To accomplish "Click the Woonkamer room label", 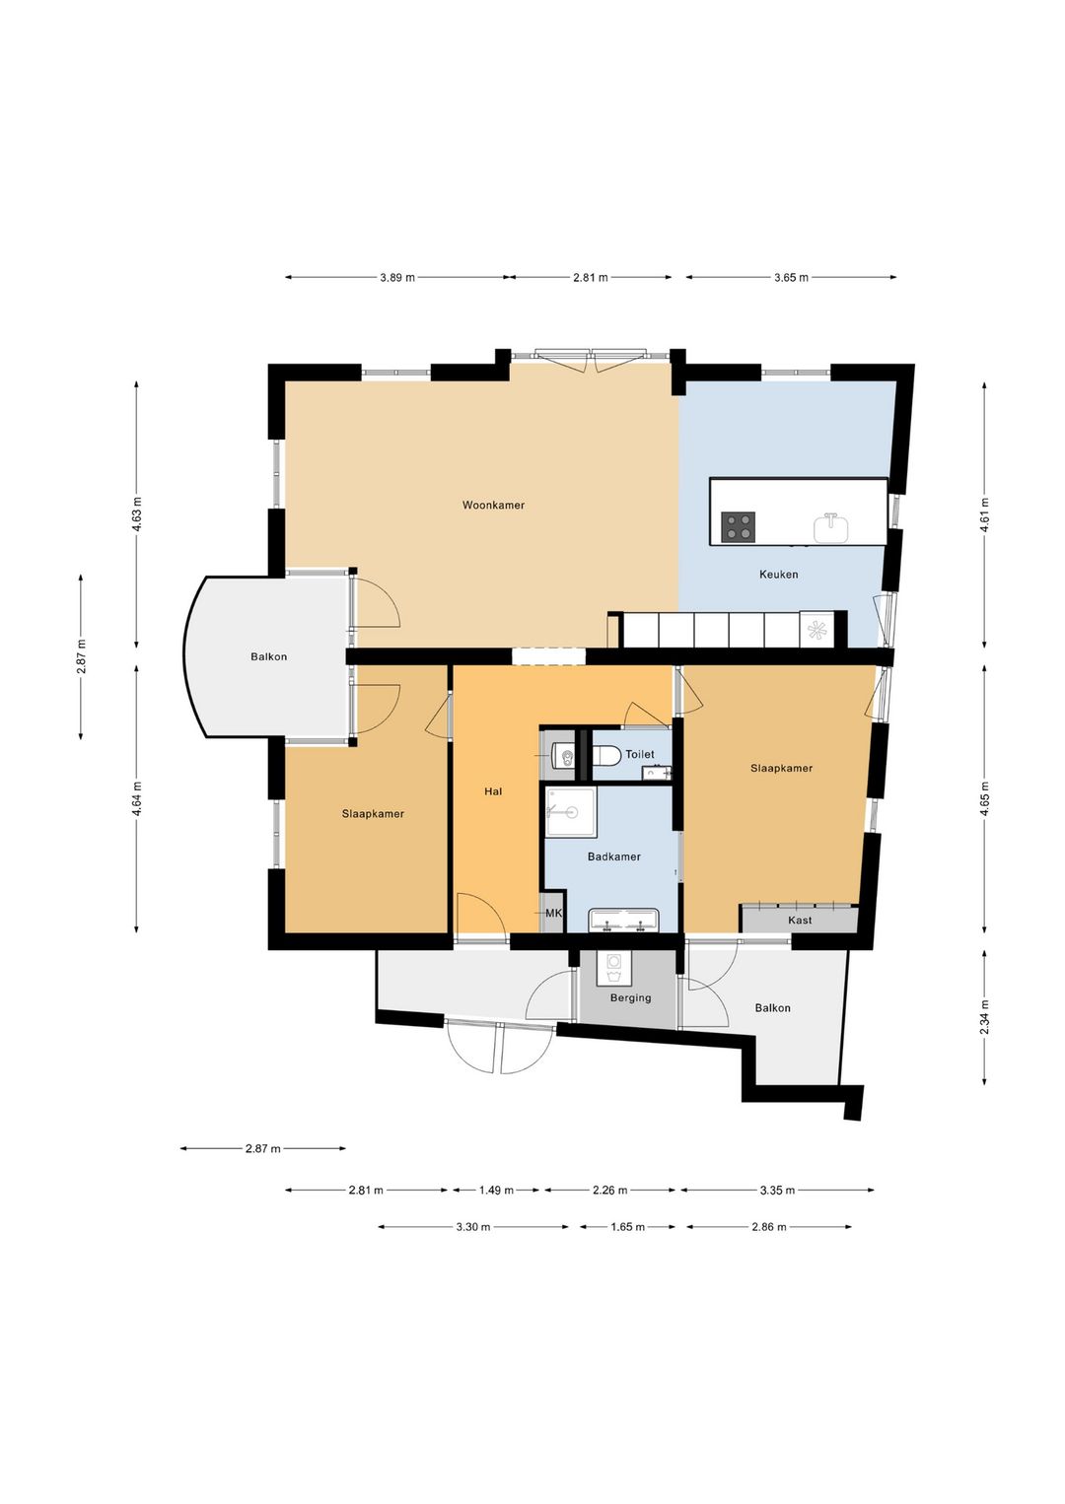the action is pos(493,505).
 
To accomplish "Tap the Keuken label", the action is pos(779,574).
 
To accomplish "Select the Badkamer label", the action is pos(613,856).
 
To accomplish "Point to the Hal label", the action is pos(493,791).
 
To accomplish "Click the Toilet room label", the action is pos(640,755).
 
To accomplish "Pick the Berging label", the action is pos(630,998).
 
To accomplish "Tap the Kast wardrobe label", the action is pos(800,921).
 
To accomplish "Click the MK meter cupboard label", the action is pos(553,913).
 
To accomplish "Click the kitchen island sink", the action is pos(831,527).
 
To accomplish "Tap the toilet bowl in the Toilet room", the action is pos(605,756).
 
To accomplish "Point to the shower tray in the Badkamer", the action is pos(570,812).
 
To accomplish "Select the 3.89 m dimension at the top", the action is pos(397,277).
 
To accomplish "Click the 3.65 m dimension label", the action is pos(791,277).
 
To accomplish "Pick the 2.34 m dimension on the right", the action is pos(984,1017).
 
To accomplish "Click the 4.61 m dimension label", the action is pos(984,515).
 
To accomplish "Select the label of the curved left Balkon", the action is pos(269,656).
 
